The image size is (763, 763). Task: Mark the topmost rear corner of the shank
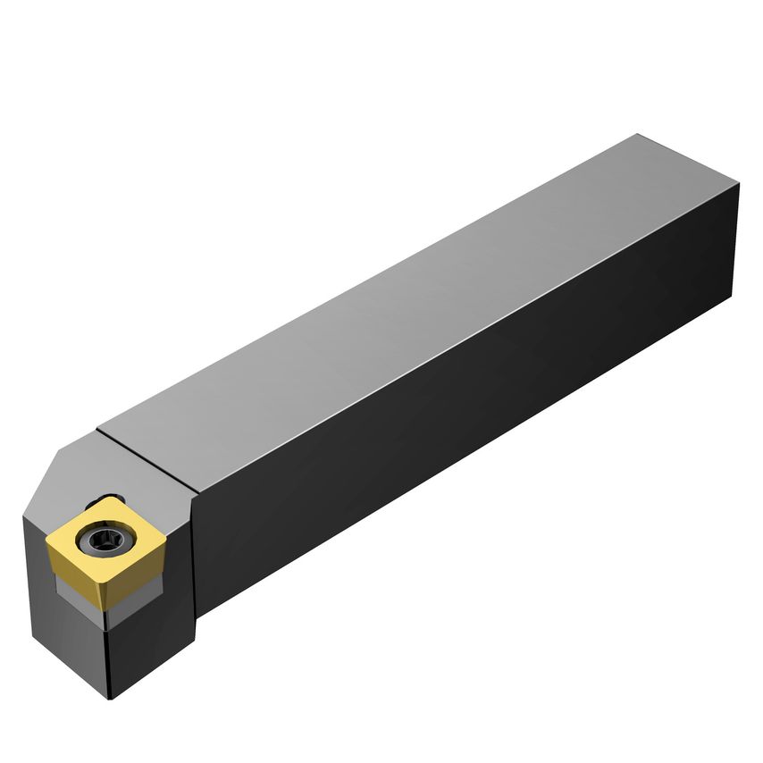(x=637, y=135)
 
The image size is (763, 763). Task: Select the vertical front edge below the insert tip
(x=110, y=657)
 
